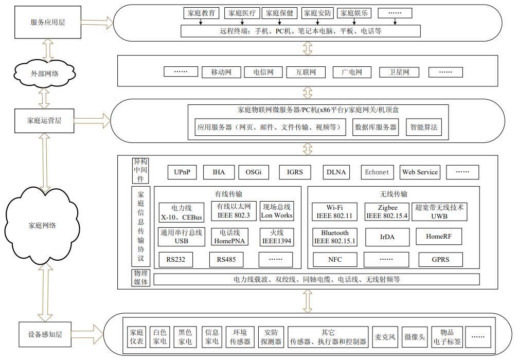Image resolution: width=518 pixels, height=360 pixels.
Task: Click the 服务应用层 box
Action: (48, 22)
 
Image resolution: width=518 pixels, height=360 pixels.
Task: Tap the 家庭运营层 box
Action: (44, 121)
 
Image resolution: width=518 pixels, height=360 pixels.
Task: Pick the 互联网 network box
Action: (301, 72)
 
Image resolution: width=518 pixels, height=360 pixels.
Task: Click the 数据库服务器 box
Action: (376, 127)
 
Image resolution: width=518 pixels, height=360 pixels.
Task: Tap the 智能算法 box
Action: (424, 127)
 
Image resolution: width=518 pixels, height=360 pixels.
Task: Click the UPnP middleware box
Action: (182, 172)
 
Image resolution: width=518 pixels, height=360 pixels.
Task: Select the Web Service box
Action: (420, 172)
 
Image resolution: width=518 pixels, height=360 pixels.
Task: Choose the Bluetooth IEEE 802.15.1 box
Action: (335, 237)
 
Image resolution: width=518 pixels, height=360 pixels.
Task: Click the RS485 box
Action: (226, 260)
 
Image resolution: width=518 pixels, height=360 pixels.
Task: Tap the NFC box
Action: (335, 260)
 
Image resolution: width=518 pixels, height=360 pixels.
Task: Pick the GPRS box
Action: (440, 260)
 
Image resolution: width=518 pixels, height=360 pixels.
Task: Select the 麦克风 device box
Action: (385, 337)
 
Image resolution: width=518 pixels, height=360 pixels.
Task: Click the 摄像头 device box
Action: (415, 337)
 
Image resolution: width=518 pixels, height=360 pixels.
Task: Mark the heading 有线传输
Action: (228, 194)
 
